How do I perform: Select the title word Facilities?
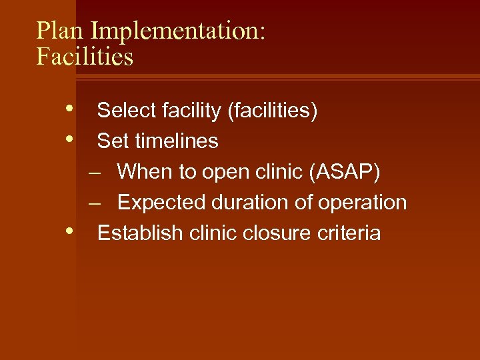[x=85, y=57]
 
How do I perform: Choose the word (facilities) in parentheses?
[x=272, y=111]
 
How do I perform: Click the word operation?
[x=363, y=203]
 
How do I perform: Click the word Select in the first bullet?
[x=123, y=111]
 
